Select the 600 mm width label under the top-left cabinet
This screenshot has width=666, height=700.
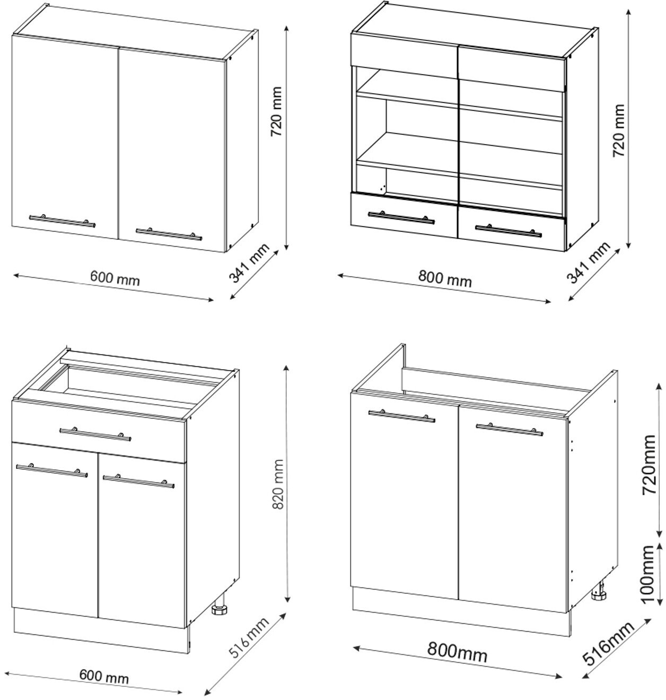[115, 277]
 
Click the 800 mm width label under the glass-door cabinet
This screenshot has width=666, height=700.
[444, 278]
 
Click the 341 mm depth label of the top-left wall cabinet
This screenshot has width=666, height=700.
[249, 262]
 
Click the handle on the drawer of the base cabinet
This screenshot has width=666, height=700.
[95, 434]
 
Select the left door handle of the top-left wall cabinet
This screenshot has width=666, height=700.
[63, 221]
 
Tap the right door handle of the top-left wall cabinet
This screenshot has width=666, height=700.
[169, 234]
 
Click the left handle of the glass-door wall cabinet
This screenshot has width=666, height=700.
[401, 217]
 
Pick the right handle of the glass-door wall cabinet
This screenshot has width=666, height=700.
[509, 231]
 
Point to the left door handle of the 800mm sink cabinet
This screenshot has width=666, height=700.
[401, 415]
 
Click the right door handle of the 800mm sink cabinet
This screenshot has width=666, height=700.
[509, 428]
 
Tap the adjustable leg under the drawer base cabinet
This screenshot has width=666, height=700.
[219, 608]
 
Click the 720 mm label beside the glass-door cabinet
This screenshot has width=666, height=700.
[619, 130]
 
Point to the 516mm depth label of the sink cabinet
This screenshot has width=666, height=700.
[608, 643]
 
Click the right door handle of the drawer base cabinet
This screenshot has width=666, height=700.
[138, 482]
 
